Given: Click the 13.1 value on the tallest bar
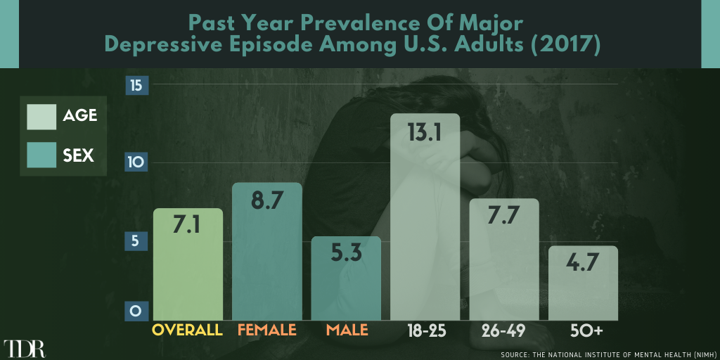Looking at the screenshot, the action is [x=424, y=134].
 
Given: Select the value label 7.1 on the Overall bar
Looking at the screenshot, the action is [x=187, y=226].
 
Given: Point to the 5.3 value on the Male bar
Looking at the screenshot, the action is [x=345, y=254].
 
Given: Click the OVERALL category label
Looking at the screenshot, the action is [x=187, y=330].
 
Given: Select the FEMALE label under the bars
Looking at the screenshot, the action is [x=266, y=330].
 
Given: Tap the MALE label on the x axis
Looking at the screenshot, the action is [x=347, y=330].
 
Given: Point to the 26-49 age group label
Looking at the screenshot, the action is [x=503, y=330].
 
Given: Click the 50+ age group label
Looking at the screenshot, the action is [x=583, y=330].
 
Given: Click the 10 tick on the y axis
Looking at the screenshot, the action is [x=136, y=162].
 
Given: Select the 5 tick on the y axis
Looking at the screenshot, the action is [x=134, y=241].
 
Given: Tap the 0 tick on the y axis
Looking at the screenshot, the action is [x=134, y=311].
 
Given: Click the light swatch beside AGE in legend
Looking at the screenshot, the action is [x=41, y=117].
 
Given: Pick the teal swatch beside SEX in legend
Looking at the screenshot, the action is [x=41, y=155].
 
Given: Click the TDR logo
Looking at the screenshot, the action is [x=25, y=349].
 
